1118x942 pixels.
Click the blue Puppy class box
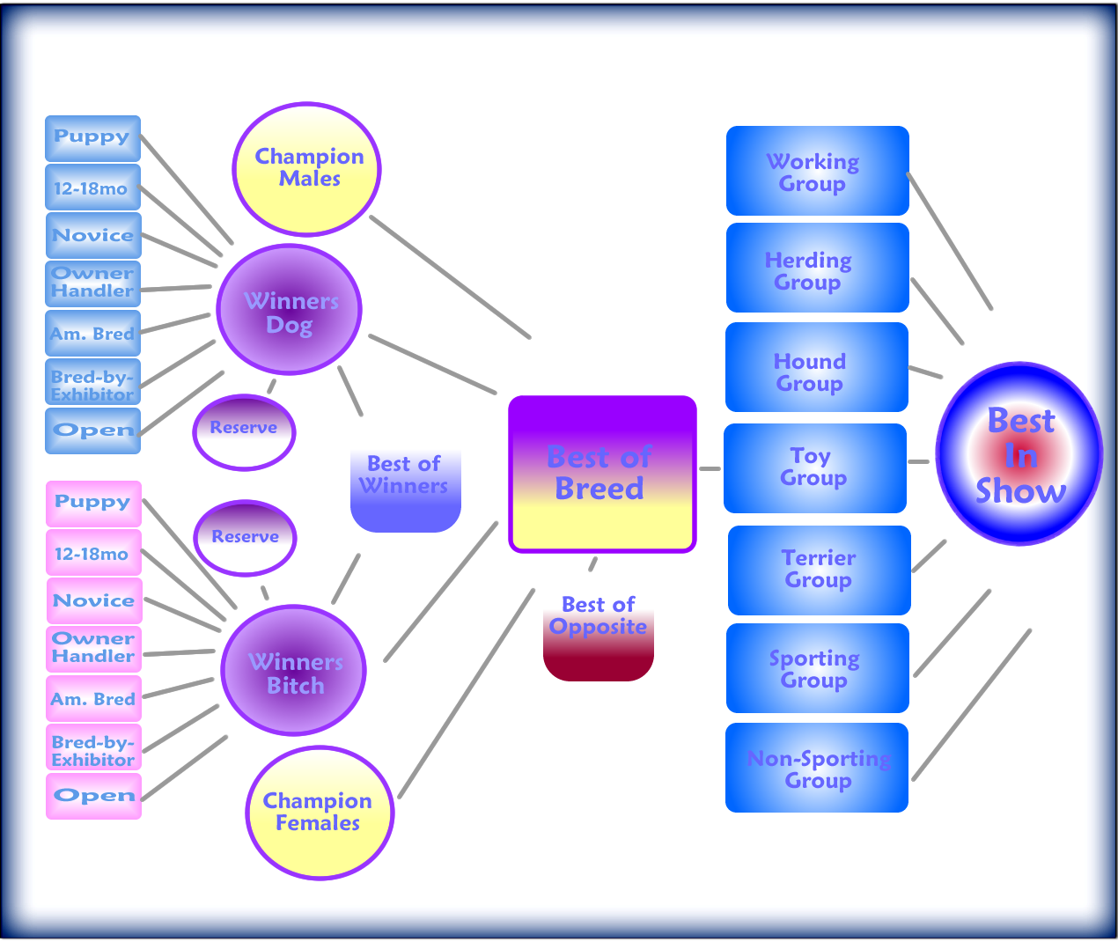point(92,138)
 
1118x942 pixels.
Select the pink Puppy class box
point(93,504)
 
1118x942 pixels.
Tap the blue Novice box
point(93,236)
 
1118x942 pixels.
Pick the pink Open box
point(93,796)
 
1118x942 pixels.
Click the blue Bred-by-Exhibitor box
point(92,381)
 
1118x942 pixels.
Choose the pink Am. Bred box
point(93,698)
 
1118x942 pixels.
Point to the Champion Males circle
point(307,169)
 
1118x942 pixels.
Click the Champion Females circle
point(320,813)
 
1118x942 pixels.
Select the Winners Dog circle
point(289,310)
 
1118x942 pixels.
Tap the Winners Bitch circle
point(293,671)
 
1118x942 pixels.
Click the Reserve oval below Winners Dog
point(244,433)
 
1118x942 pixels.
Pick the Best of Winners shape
point(405,491)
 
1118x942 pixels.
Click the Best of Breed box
point(602,474)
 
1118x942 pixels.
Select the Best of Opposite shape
point(598,637)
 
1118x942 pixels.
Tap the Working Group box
point(817,171)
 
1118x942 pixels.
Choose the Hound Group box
point(817,367)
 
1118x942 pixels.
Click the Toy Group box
point(815,468)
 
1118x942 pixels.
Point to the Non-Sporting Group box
point(817,768)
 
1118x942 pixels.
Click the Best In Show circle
point(1019,453)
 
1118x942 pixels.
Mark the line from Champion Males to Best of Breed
point(451,277)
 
